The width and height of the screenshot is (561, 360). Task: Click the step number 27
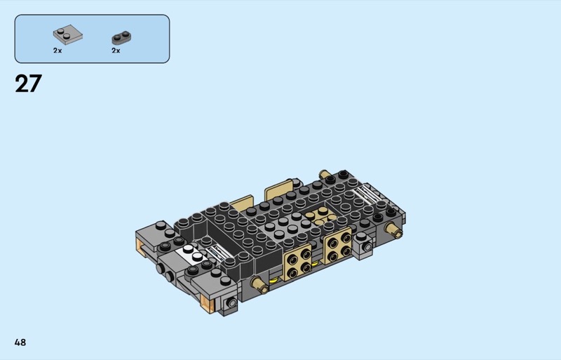[x=28, y=84]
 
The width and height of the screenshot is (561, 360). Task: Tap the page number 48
[x=20, y=342]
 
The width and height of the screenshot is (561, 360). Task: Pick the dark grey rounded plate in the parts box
[x=121, y=38]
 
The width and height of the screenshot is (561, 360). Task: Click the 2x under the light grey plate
[x=58, y=51]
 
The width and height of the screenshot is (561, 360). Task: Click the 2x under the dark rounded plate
[x=116, y=51]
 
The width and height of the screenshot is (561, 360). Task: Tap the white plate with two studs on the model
[x=191, y=253]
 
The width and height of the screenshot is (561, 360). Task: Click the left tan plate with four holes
[x=297, y=263]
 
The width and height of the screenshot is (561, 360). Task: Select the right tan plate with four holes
[x=338, y=246]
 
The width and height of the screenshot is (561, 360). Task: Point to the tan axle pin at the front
[x=259, y=286]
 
